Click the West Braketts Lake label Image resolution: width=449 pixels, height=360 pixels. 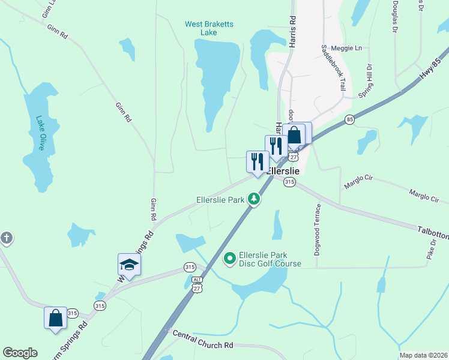[x=209, y=28]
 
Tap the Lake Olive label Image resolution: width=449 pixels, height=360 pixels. [x=41, y=133]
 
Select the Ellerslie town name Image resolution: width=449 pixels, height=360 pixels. [x=283, y=170]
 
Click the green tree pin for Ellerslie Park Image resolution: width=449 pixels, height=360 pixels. [x=254, y=199]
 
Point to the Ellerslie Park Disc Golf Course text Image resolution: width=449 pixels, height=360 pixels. [x=270, y=259]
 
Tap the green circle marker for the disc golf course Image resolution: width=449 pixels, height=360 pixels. [x=229, y=259]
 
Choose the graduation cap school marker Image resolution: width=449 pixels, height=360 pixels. [x=129, y=264]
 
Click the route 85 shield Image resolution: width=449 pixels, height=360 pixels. [x=350, y=120]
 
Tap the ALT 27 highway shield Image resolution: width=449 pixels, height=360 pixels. [x=197, y=284]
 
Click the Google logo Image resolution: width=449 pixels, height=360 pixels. [x=20, y=353]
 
